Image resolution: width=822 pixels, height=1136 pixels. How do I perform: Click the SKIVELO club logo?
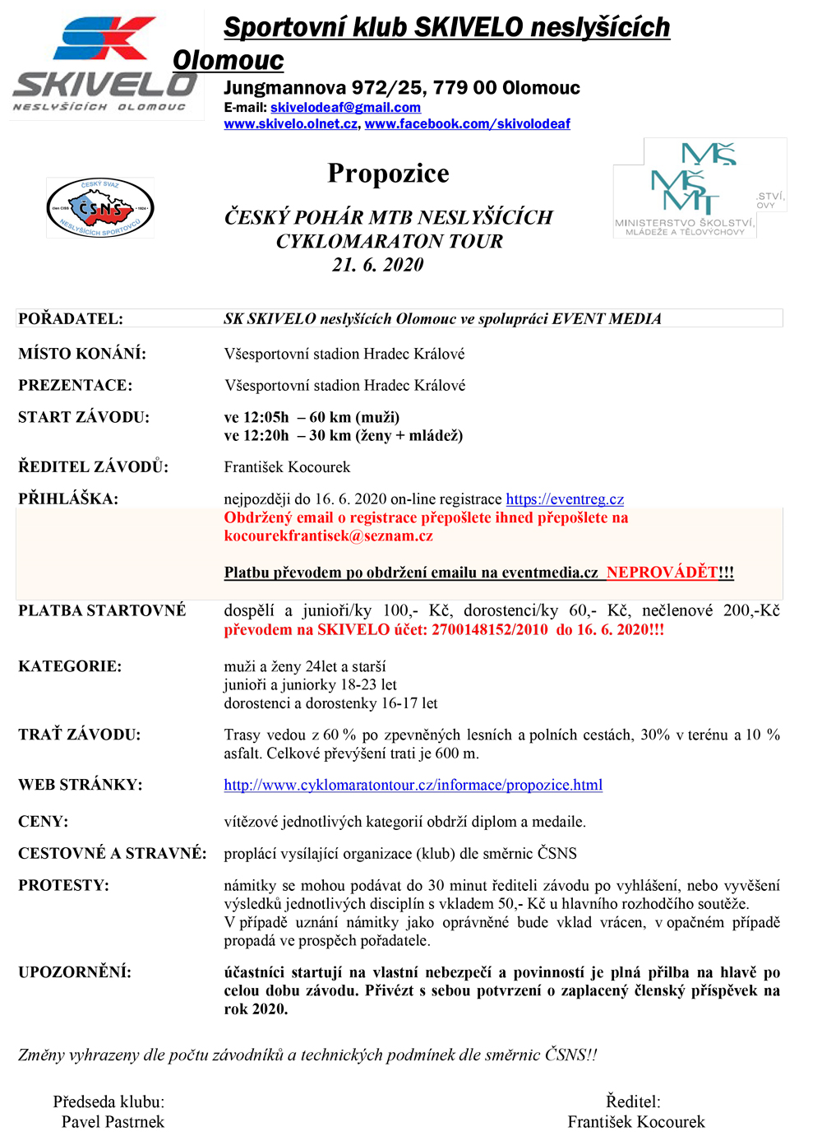[105, 66]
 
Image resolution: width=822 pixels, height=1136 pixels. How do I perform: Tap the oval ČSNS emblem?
[100, 208]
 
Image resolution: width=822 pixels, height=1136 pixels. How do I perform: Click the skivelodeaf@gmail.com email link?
[345, 108]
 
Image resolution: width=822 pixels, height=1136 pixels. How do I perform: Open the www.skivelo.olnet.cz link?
[291, 124]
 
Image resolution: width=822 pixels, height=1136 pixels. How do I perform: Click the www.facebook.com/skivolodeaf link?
[467, 124]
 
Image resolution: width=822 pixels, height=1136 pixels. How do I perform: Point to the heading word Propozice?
[388, 174]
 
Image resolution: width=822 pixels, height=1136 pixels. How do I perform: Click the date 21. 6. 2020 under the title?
[378, 265]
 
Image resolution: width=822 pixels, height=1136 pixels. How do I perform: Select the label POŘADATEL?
[71, 319]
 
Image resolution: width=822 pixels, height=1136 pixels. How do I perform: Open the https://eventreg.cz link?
[565, 499]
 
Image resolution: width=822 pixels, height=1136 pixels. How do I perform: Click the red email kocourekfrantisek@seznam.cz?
[328, 536]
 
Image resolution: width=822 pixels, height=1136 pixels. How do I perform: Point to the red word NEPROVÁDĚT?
[662, 573]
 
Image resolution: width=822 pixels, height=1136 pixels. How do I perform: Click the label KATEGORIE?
[70, 666]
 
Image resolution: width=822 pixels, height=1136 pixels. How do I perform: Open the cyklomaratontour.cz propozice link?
[413, 786]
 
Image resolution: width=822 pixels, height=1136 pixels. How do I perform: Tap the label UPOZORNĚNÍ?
[75, 972]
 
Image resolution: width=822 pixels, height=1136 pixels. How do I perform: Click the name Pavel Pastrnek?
[113, 1122]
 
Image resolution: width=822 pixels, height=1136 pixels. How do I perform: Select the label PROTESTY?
[63, 886]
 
